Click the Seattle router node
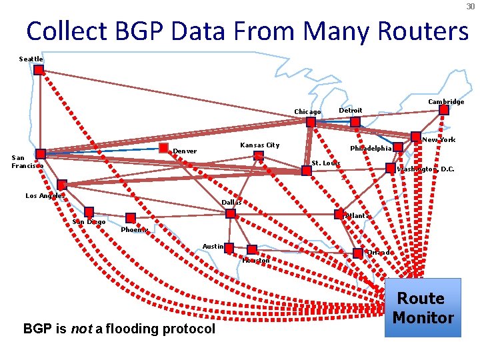pos(39,69)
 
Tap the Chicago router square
pos(311,123)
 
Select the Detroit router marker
pos(355,122)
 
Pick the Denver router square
pos(163,147)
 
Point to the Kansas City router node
pos(259,156)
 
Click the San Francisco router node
pos(41,154)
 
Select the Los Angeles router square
pos(62,185)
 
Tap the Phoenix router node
pos(131,217)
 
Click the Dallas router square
pos(231,214)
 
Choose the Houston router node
pos(251,250)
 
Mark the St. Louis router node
pos(307,171)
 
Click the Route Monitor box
pos(423,307)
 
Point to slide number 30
pos(470,6)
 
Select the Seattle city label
pos(31,59)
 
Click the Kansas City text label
pos(259,145)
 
